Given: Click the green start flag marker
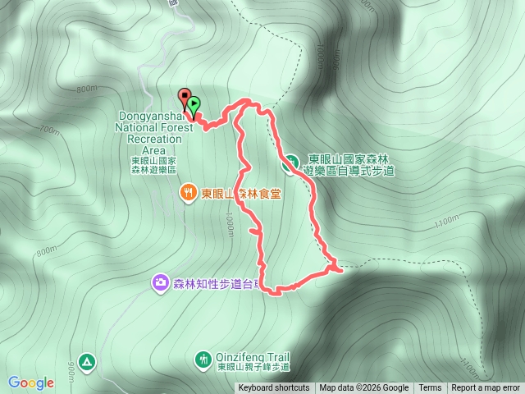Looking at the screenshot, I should [194, 104].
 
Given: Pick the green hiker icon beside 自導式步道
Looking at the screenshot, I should [290, 163].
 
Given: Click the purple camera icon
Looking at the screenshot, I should [160, 283].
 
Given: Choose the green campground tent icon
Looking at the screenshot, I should [88, 361].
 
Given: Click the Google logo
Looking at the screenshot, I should [31, 383].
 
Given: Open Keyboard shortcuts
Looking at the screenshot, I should [274, 388].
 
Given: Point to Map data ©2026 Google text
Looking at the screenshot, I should [364, 388].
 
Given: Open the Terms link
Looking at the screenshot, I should [430, 388].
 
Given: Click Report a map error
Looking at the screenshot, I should [486, 388].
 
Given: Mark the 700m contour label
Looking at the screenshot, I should [49, 131].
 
